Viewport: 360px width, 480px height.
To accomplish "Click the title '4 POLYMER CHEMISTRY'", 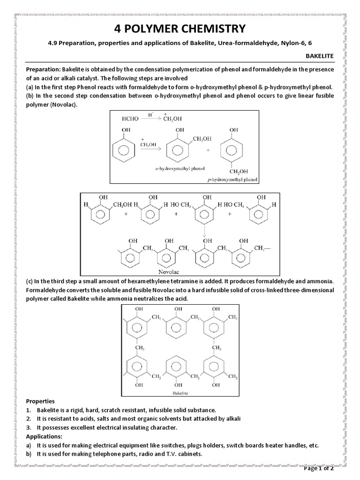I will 180,29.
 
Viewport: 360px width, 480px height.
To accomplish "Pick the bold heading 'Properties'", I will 40,402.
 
